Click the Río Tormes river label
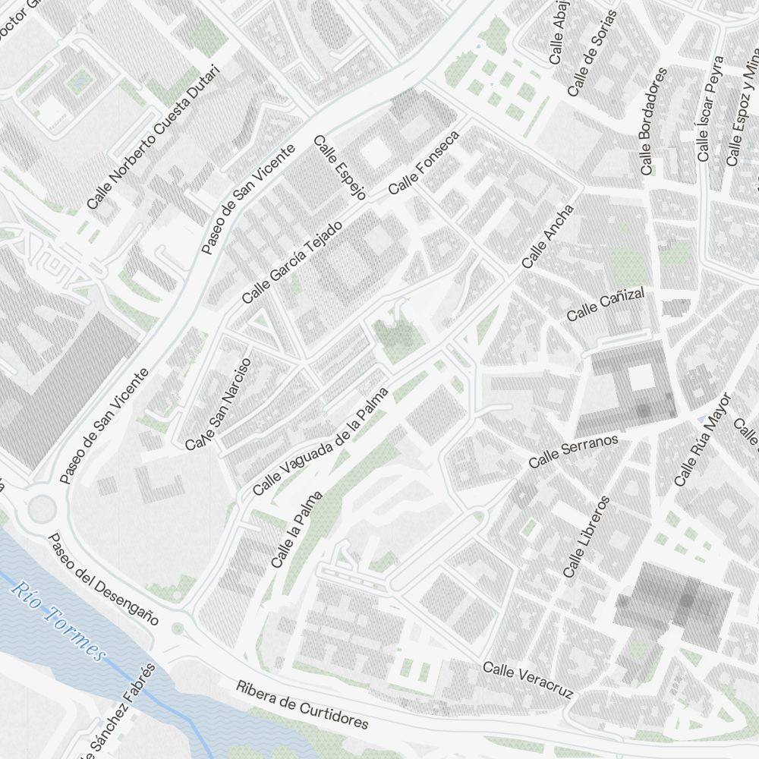[x=58, y=622]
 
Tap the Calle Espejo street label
[x=339, y=168]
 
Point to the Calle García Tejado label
[x=292, y=263]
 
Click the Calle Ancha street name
[x=548, y=236]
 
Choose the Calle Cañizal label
[x=606, y=304]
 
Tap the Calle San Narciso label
[x=218, y=403]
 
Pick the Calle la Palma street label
[x=297, y=530]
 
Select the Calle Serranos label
[x=574, y=451]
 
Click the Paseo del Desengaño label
[x=102, y=578]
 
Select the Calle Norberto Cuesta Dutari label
[x=153, y=137]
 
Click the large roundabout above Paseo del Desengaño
[x=42, y=509]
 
